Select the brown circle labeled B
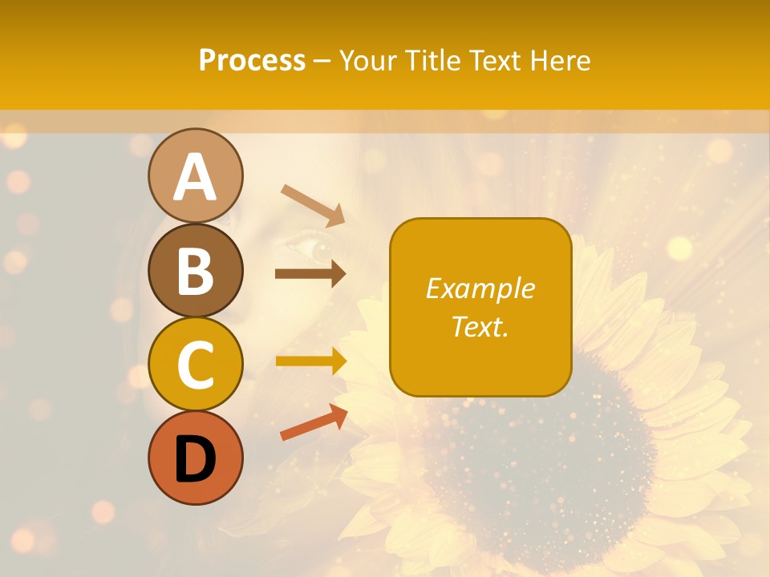click(x=195, y=269)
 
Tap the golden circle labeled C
click(x=195, y=364)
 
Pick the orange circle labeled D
click(x=195, y=458)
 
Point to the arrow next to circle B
click(x=310, y=274)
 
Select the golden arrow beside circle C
click(x=310, y=361)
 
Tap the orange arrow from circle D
click(x=314, y=422)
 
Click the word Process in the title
click(x=252, y=60)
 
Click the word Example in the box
click(x=480, y=288)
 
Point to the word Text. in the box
click(x=480, y=326)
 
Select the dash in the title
click(x=322, y=61)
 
